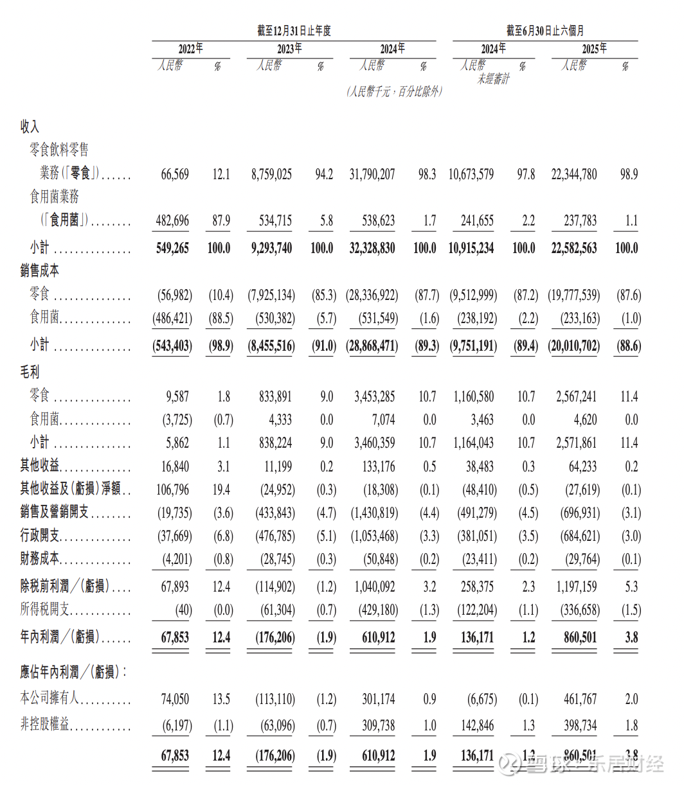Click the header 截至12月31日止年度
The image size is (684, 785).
[x=293, y=31]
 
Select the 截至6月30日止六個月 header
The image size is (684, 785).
[x=545, y=31]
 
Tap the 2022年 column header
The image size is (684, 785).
[x=190, y=49]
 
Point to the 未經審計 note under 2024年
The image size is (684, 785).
[x=493, y=79]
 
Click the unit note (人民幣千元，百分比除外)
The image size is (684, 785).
[x=393, y=92]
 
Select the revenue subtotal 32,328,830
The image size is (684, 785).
[x=372, y=248]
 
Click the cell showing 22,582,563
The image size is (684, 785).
[x=574, y=248]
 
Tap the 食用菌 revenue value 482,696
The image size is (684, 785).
[x=172, y=221]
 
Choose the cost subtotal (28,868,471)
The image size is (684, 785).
[x=372, y=346]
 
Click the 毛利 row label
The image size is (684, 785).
[x=30, y=372]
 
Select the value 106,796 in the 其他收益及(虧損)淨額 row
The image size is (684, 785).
[x=172, y=490]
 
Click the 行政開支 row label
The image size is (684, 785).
[x=39, y=536]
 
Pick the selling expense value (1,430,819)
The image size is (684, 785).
[x=374, y=513]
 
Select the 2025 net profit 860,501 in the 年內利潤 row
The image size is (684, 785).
[x=580, y=637]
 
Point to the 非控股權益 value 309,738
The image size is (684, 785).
[x=378, y=725]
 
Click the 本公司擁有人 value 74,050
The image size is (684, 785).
[x=175, y=699]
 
